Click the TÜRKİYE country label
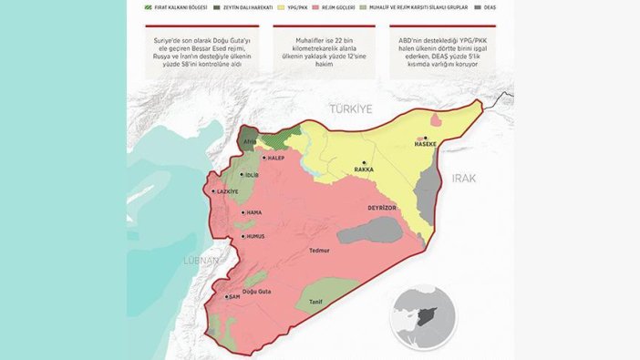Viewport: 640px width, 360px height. point(352,108)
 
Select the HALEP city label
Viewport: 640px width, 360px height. point(276,157)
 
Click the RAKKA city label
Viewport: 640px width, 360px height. point(366,170)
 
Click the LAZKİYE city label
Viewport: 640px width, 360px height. point(226,191)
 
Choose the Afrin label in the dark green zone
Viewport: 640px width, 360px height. point(249,143)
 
